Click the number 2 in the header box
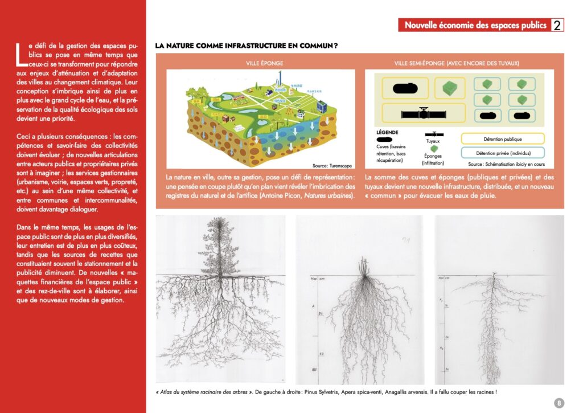pos(557,25)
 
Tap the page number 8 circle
pos(559,403)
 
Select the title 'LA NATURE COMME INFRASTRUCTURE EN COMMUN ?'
pos(247,45)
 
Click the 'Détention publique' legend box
pos(502,138)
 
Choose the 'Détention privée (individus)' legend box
pos(502,153)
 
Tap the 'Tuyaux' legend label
pos(433,141)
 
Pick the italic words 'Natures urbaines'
pos(333,196)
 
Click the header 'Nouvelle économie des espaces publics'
pos(475,25)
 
